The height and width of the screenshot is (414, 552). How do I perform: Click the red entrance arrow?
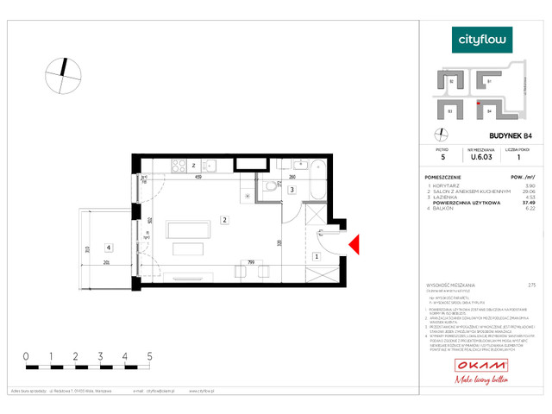(x=354, y=247)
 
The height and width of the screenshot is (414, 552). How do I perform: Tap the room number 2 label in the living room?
(x=223, y=220)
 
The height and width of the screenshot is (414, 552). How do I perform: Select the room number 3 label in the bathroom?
(x=292, y=190)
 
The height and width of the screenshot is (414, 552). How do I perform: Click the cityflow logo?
(x=483, y=39)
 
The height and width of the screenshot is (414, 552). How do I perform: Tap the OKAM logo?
(x=482, y=367)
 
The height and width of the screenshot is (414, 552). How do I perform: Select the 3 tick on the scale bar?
(x=101, y=355)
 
